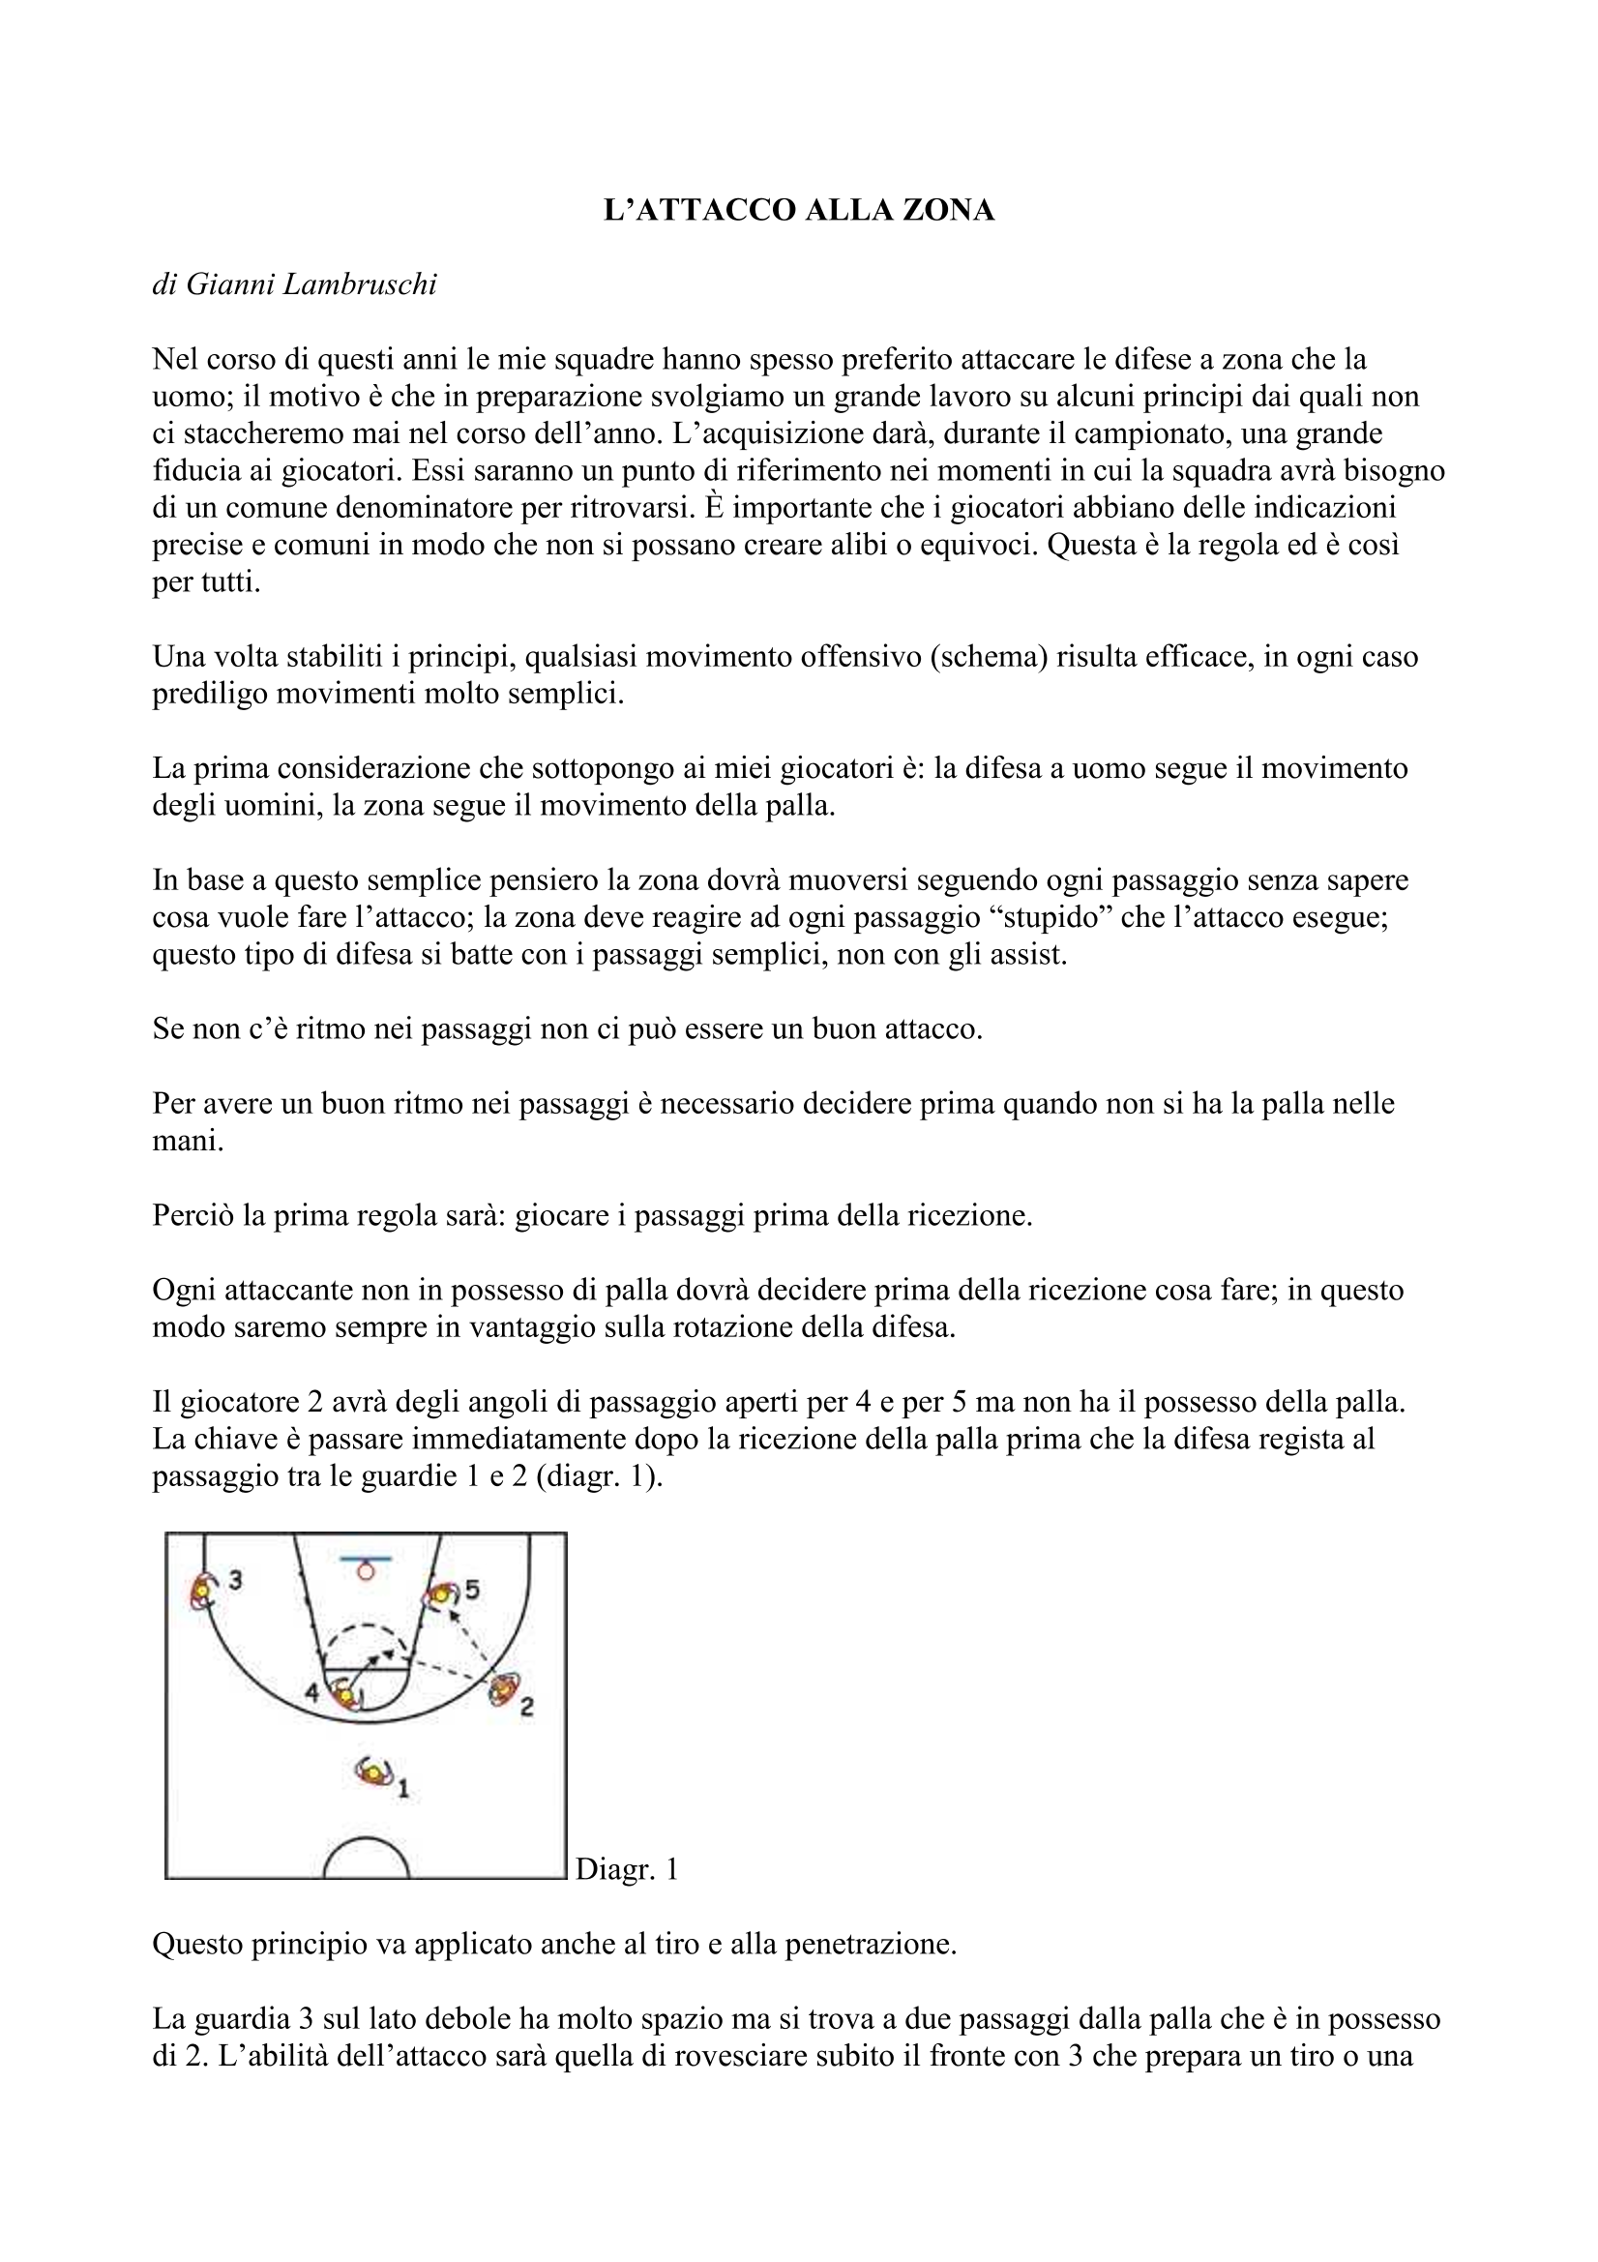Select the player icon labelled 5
(x=439, y=1594)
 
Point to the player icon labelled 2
(x=504, y=1689)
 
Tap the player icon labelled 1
(x=374, y=1772)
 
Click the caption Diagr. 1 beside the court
(x=627, y=1869)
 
